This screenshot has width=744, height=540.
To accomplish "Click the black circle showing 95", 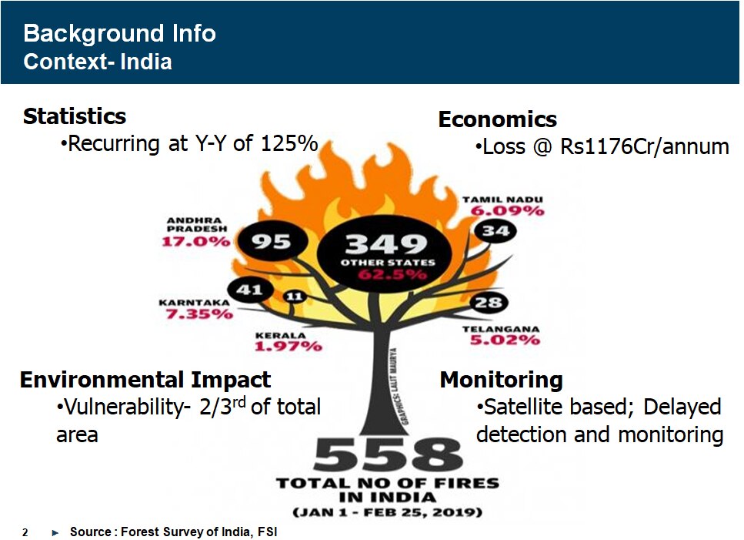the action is click(272, 241).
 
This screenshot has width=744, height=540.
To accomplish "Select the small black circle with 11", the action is click(294, 297).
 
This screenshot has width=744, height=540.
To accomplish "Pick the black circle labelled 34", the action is click(495, 231).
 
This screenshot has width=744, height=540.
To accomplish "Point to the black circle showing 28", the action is click(489, 302).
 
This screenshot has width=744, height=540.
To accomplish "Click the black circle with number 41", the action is click(250, 289).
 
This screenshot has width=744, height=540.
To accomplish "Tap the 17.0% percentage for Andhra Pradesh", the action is click(196, 241).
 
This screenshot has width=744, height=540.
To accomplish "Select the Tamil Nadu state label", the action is click(502, 200).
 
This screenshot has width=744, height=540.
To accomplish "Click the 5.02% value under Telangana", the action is click(505, 340).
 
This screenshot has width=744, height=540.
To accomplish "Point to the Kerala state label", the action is click(281, 335).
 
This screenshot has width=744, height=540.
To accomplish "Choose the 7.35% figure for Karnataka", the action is click(199, 314).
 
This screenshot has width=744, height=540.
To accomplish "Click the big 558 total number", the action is click(387, 454).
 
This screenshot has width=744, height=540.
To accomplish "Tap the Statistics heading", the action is click(75, 116).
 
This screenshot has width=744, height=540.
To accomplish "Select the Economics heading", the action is click(498, 119).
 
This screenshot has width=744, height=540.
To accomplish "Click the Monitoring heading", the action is click(502, 380).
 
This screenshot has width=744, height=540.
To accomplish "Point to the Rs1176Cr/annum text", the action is click(644, 147).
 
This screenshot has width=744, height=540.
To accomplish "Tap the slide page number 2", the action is click(25, 532).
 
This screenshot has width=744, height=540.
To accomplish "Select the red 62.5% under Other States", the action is click(392, 274).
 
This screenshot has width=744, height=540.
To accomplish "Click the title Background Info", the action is click(119, 34).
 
